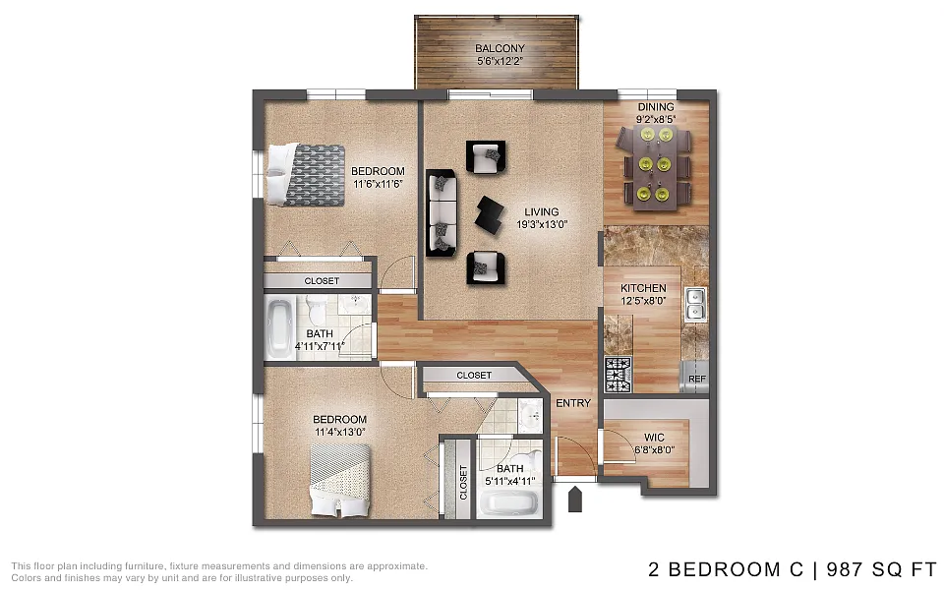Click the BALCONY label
[x=500, y=48]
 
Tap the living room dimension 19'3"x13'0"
[x=542, y=224]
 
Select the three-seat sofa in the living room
[x=442, y=212]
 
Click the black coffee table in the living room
[x=490, y=215]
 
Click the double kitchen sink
[x=696, y=304]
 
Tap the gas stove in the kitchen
[x=618, y=374]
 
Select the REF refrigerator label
[x=697, y=379]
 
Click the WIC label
[x=655, y=438]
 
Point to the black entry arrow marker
[x=575, y=500]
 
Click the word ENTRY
[x=573, y=403]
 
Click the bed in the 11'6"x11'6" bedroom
[x=306, y=175]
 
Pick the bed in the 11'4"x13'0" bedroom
[x=339, y=480]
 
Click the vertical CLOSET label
[x=463, y=483]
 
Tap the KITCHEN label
[x=643, y=288]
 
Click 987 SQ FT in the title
[x=882, y=569]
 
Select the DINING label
[x=656, y=107]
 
